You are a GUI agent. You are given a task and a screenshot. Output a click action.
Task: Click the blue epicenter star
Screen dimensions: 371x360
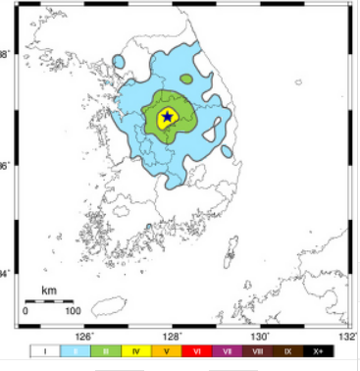point(167,117)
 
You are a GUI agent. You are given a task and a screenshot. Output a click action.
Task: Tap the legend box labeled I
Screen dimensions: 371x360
point(44,349)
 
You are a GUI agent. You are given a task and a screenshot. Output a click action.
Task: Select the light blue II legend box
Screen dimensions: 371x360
point(76,349)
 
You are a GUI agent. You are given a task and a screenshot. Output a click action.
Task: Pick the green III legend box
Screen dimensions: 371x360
point(106,349)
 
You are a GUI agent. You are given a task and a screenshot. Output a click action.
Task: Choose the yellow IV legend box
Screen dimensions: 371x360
point(136,349)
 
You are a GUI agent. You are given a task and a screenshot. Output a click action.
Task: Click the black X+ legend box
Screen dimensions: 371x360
point(319,349)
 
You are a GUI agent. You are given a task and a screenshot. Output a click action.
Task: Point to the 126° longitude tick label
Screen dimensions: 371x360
point(84,335)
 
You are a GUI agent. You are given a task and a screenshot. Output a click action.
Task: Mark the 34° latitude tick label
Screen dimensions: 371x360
point(7,273)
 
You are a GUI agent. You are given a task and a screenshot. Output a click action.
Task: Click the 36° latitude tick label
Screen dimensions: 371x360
point(7,166)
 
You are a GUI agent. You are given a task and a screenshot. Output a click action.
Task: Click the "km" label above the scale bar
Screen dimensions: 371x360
point(49,291)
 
